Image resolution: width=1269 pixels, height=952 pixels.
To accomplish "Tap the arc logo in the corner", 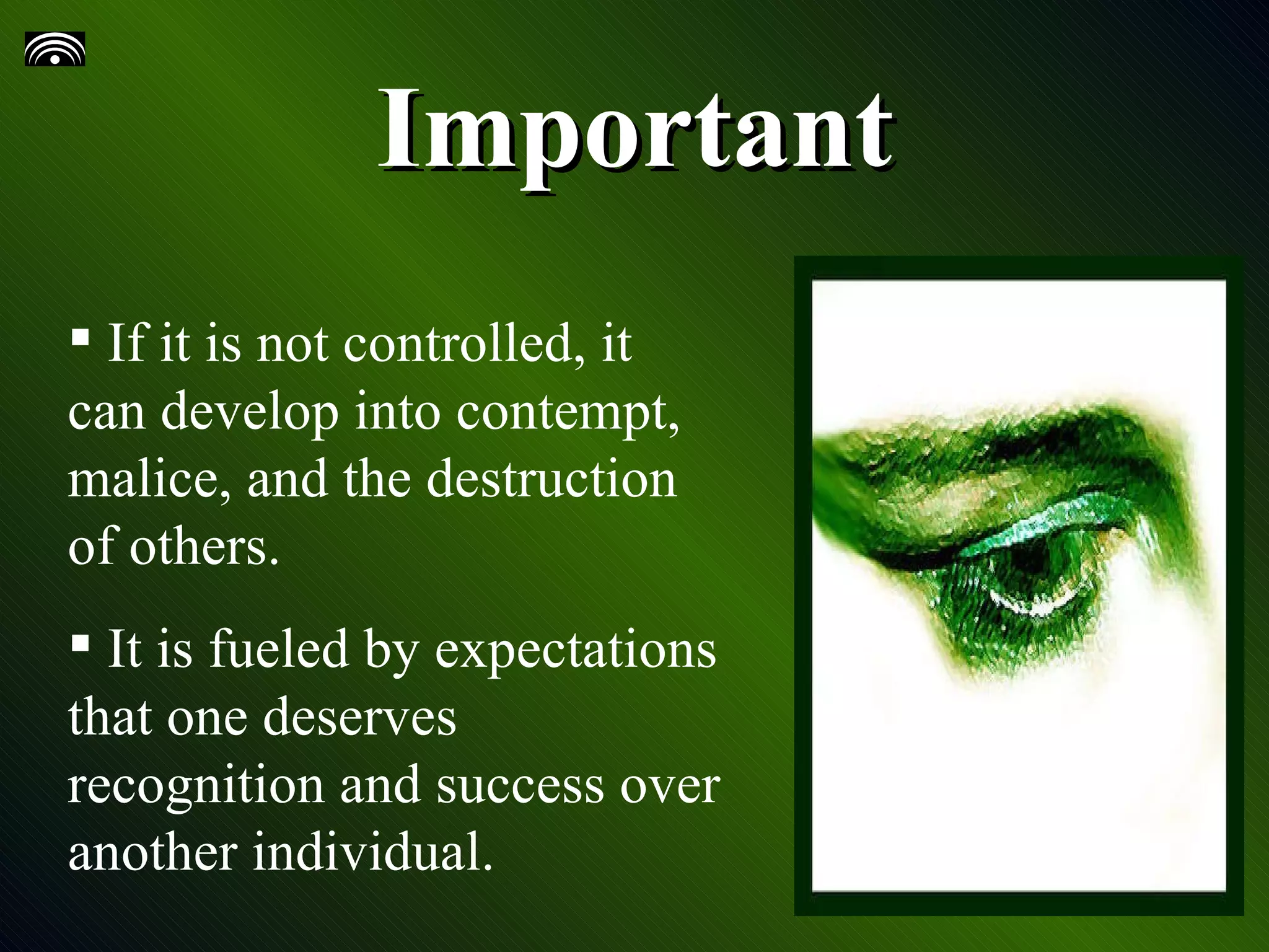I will pos(55,50).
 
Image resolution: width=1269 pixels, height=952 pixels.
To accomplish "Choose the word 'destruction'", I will pos(551,480).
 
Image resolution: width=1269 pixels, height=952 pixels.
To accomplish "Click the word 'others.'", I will pos(204,549).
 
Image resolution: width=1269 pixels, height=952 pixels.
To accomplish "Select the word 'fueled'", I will pos(279,649).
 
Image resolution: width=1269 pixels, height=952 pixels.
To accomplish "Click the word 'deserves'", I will pos(360,718).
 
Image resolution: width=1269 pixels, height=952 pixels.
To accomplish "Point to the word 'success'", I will pos(520,786).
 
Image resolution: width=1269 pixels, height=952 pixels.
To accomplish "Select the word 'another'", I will pos(153,852).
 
